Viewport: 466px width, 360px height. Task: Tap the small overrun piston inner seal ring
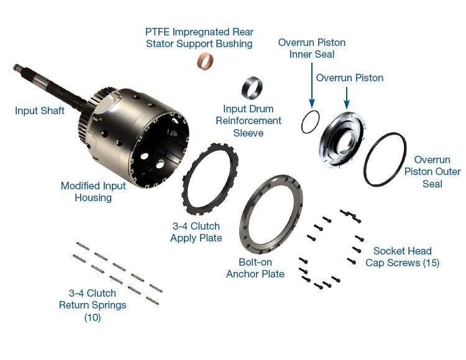[309, 122]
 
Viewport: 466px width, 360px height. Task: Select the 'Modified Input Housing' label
[93, 192]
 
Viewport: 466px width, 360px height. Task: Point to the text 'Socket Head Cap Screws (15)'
[406, 257]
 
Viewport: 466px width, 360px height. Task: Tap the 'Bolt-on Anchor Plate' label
[255, 268]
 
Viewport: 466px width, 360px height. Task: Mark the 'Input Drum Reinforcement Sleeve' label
[249, 121]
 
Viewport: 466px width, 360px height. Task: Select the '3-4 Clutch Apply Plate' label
[196, 232]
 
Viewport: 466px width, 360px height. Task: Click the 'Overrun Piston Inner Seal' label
[311, 48]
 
